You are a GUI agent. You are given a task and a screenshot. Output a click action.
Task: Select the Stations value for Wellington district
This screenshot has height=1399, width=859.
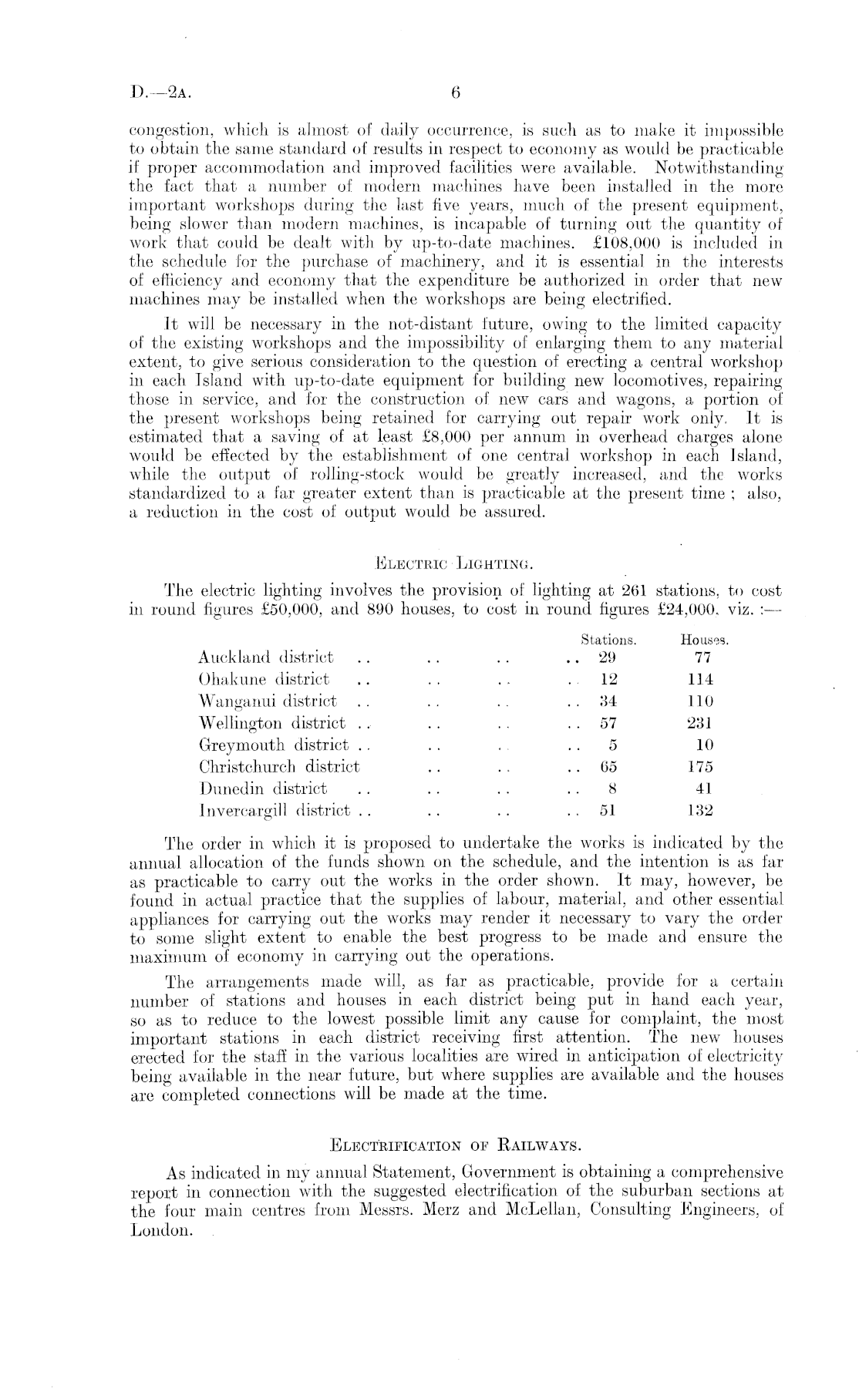coord(608,724)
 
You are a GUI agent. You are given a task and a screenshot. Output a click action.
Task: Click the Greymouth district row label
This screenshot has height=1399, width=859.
coord(274,745)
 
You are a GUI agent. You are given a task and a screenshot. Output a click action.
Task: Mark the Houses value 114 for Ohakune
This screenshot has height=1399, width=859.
coord(700,680)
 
